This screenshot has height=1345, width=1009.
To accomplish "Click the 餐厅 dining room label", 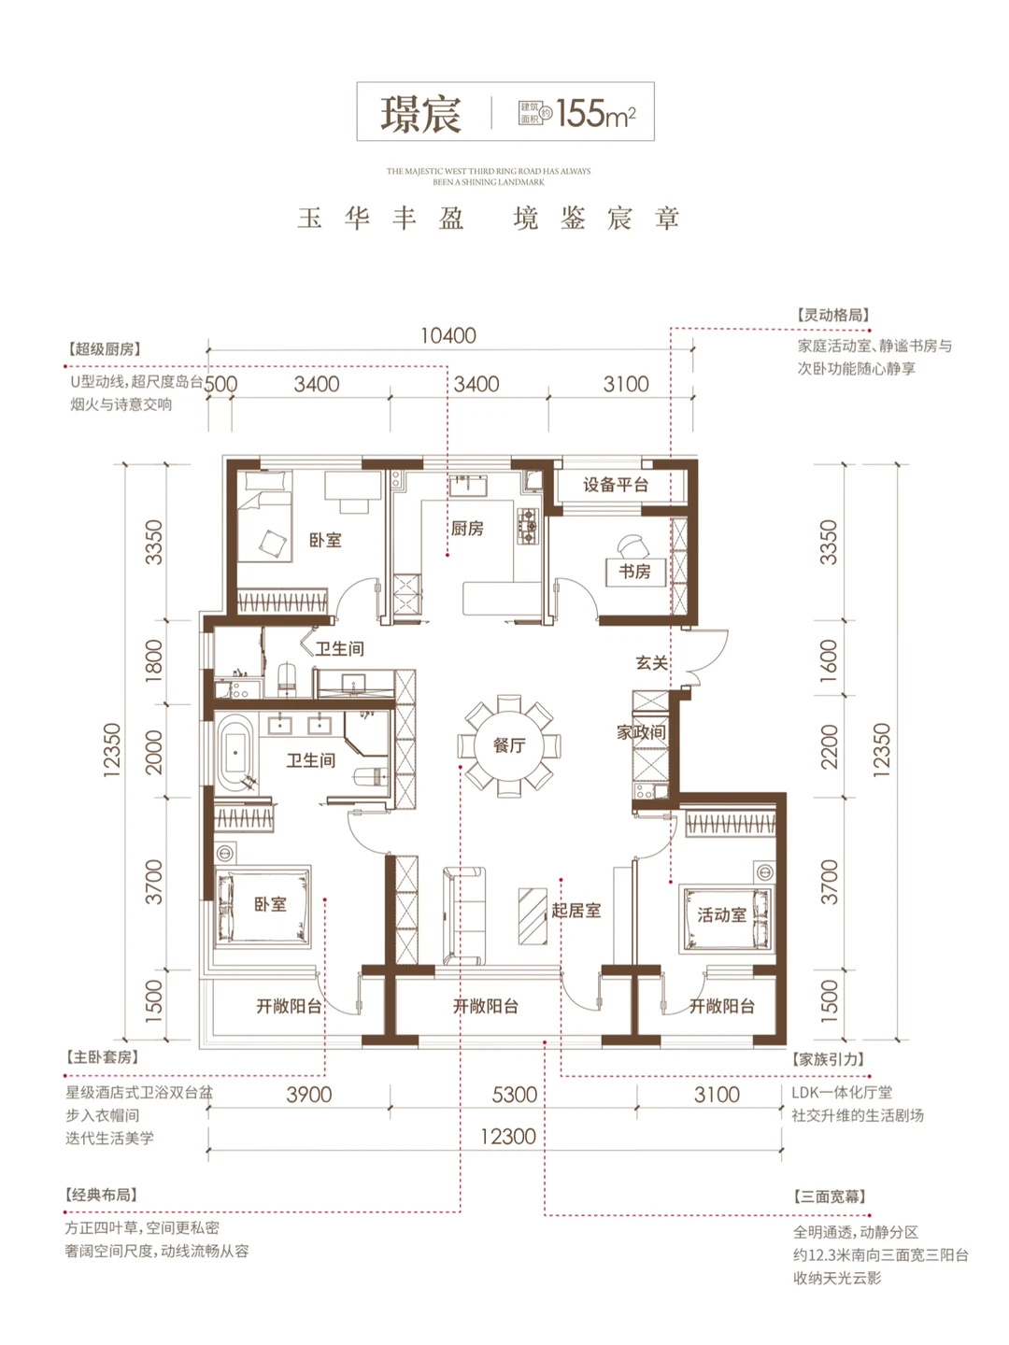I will click(x=509, y=745).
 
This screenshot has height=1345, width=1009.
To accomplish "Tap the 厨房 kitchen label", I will click(x=467, y=529).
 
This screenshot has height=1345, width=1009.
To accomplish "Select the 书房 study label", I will click(x=634, y=571).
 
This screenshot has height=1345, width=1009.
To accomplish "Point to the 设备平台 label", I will click(x=615, y=485).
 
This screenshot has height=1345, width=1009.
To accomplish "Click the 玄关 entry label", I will click(x=651, y=662).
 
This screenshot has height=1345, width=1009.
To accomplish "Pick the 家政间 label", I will click(x=641, y=732).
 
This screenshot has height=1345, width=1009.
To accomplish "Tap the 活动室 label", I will click(x=721, y=914).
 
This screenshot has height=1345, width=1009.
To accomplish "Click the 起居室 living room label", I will click(x=576, y=910).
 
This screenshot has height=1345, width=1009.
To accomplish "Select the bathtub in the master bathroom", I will click(x=235, y=752).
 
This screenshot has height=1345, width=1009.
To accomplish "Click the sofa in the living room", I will click(x=464, y=915).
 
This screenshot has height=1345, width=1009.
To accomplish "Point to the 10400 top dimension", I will click(x=448, y=335).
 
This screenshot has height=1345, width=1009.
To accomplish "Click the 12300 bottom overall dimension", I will click(x=507, y=1137).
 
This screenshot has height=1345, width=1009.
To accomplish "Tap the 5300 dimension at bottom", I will click(x=514, y=1095).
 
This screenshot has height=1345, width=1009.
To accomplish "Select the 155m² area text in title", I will click(x=595, y=114).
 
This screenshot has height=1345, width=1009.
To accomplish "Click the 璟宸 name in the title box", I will click(x=421, y=114).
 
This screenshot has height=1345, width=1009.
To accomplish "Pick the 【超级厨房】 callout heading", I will click(x=104, y=348).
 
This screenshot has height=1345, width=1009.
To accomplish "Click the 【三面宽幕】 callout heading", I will click(x=830, y=1196).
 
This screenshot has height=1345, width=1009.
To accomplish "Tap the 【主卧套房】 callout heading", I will click(x=102, y=1056).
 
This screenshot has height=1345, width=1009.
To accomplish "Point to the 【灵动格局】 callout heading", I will click(x=832, y=315).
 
